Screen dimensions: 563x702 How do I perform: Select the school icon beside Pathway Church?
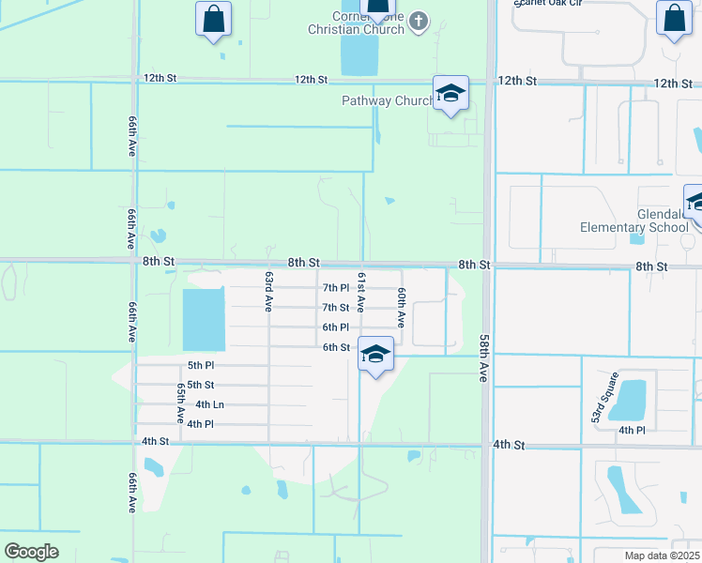tap(450, 94)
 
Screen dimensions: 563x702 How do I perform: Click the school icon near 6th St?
tap(375, 355)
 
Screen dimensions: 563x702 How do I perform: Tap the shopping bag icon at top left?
tap(214, 19)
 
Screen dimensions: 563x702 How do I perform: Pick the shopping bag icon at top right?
tap(675, 19)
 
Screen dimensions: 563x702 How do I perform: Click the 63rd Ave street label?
tap(268, 291)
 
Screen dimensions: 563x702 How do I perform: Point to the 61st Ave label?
tap(360, 291)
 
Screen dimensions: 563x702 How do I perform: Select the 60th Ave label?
tap(401, 307)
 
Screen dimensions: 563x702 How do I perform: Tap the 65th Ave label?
tap(180, 401)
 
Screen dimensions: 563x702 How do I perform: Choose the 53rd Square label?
tap(602, 397)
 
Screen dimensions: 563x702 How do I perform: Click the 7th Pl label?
tap(335, 287)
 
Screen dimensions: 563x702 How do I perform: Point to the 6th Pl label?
tap(335, 327)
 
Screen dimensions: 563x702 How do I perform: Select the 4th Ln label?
tap(209, 404)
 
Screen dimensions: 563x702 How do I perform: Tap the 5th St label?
tap(200, 385)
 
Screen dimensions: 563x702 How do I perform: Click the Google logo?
tap(31, 552)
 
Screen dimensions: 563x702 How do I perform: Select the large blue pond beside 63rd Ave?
tap(204, 319)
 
